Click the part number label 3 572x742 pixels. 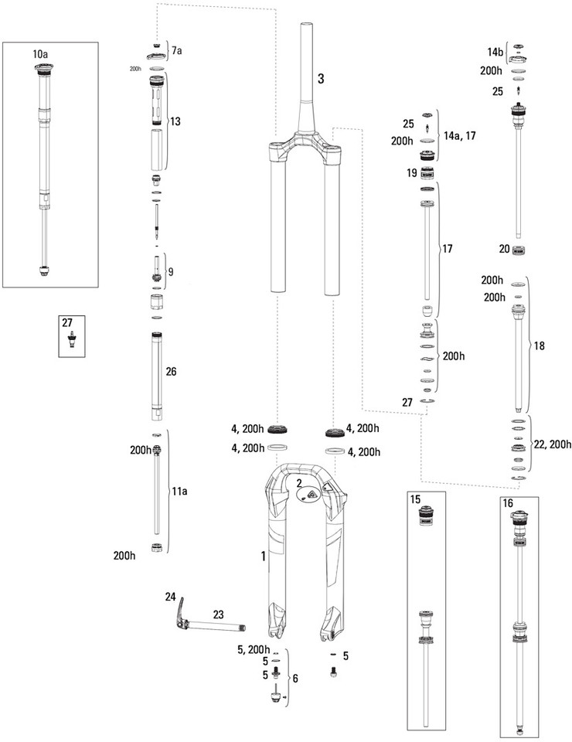(x=321, y=79)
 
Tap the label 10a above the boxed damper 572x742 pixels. (x=40, y=54)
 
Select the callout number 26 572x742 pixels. (x=171, y=372)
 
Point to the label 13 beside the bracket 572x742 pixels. (x=175, y=121)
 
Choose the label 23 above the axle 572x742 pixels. (x=218, y=614)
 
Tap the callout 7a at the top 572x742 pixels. (x=176, y=51)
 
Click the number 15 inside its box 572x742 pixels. (x=415, y=500)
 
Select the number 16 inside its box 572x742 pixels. (x=508, y=503)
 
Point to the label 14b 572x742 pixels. (x=495, y=52)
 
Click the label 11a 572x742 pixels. (x=179, y=492)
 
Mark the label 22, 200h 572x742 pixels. (x=552, y=444)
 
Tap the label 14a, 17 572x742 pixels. (x=459, y=136)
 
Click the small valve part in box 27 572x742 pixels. (x=72, y=340)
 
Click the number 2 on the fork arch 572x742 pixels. (x=299, y=483)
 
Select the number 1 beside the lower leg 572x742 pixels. (x=264, y=556)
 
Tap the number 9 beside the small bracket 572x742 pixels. (x=170, y=272)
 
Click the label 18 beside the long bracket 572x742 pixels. (x=539, y=346)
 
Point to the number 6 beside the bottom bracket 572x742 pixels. (x=295, y=679)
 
